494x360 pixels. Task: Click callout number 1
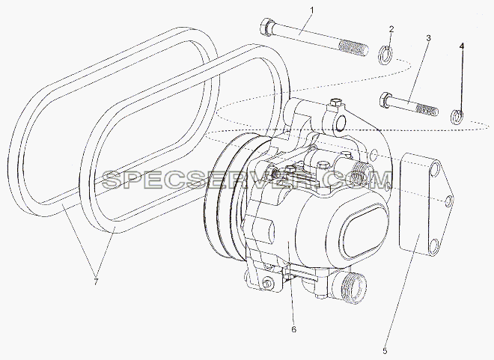pyautogui.click(x=312, y=11)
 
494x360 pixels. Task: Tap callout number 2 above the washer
pyautogui.click(x=391, y=30)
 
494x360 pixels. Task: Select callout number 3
pyautogui.click(x=428, y=38)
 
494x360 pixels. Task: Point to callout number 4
pyautogui.click(x=462, y=46)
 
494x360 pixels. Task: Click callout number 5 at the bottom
pyautogui.click(x=385, y=350)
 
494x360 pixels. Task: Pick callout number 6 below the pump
pyautogui.click(x=293, y=329)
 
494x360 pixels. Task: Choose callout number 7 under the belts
pyautogui.click(x=96, y=281)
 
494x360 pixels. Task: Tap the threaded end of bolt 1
pyautogui.click(x=353, y=49)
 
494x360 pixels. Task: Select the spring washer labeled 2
pyautogui.click(x=385, y=55)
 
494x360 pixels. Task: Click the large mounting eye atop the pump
pyautogui.click(x=338, y=123)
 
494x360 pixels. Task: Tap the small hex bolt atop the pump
pyautogui.click(x=335, y=103)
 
